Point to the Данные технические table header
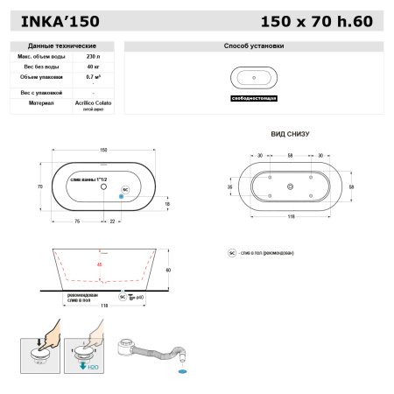click(x=62, y=46)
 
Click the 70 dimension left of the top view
click(x=39, y=186)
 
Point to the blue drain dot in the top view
click(x=121, y=197)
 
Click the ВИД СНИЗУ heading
click(x=291, y=135)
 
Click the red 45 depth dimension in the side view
click(x=99, y=264)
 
